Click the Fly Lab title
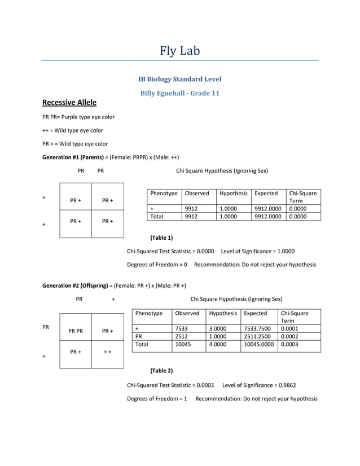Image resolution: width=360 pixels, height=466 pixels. pyautogui.click(x=179, y=51)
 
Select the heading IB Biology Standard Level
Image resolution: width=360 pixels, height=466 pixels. pyautogui.click(x=179, y=80)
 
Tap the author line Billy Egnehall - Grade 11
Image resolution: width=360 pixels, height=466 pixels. pyautogui.click(x=179, y=93)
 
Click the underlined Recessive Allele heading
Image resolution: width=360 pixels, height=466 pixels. pyautogui.click(x=69, y=103)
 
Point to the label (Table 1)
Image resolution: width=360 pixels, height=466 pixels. pyautogui.click(x=161, y=238)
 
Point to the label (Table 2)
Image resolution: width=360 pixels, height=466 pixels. pyautogui.click(x=161, y=371)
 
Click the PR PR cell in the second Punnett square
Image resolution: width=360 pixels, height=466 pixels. pyautogui.click(x=75, y=331)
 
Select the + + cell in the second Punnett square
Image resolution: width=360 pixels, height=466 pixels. pyautogui.click(x=107, y=352)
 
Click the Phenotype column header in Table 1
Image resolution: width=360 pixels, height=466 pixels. pyautogui.click(x=164, y=194)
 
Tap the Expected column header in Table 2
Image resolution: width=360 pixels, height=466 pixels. pyautogui.click(x=255, y=313)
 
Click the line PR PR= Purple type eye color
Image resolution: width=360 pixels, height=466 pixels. pyautogui.click(x=78, y=117)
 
